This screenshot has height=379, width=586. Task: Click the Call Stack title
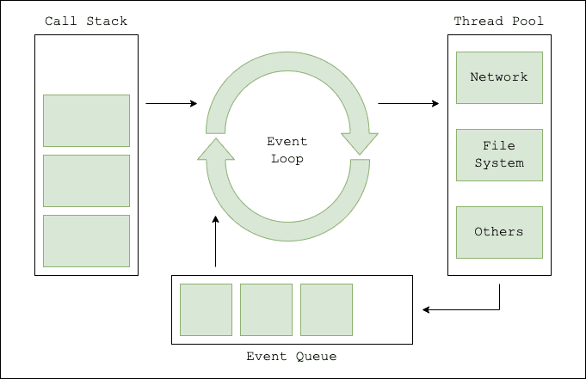[x=86, y=21]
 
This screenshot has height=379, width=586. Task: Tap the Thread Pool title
[x=499, y=21]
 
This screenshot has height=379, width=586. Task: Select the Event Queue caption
[x=292, y=356]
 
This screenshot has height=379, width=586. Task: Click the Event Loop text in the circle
[x=287, y=150]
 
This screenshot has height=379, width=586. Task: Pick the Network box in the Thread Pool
[x=499, y=77]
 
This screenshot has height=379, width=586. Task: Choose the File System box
[x=499, y=155]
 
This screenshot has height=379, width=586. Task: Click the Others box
[x=499, y=232]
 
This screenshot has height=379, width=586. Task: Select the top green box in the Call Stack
[x=86, y=120]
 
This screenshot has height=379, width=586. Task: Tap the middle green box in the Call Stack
[x=86, y=180]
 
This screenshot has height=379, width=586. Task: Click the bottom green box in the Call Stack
[x=86, y=241]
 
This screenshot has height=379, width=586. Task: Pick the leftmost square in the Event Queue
[x=206, y=309]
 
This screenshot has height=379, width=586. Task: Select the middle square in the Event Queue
[x=266, y=309]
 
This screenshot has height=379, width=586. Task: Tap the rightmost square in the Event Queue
[x=326, y=309]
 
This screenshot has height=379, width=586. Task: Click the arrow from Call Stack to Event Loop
[x=171, y=104]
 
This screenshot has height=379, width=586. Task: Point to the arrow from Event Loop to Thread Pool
[x=408, y=104]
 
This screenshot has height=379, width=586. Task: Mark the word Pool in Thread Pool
[x=527, y=21]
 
